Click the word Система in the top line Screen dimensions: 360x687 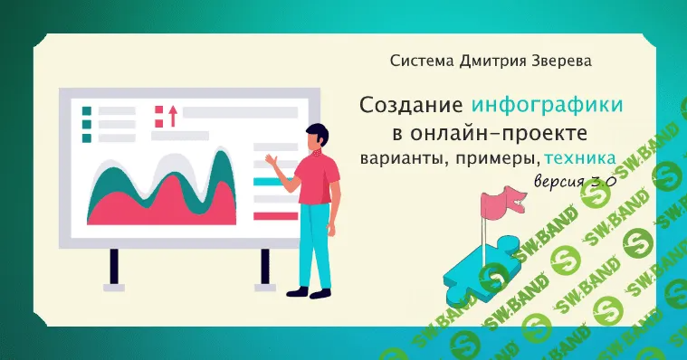[x=419, y=62]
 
